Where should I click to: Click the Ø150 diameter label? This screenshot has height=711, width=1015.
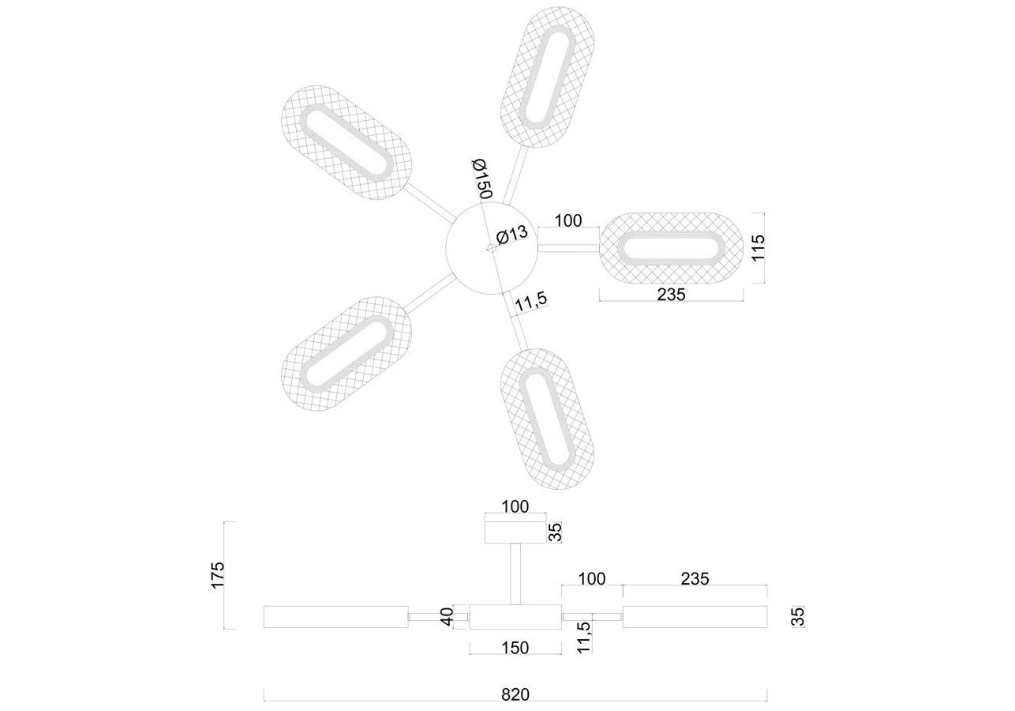pyautogui.click(x=481, y=179)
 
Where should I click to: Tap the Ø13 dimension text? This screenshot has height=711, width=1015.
pyautogui.click(x=512, y=235)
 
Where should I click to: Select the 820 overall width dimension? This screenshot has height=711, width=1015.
pyautogui.click(x=515, y=694)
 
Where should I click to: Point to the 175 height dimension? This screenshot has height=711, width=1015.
pyautogui.click(x=218, y=574)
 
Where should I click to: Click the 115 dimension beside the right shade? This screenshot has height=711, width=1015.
pyautogui.click(x=758, y=247)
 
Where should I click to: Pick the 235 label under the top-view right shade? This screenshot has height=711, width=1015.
pyautogui.click(x=671, y=295)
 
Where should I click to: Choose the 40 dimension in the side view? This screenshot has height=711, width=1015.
pyautogui.click(x=448, y=617)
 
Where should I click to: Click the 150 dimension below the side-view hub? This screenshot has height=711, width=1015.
pyautogui.click(x=515, y=648)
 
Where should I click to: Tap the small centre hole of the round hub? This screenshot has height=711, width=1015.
pyautogui.click(x=491, y=247)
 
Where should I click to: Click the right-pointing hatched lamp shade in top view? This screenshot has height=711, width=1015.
pyautogui.click(x=671, y=248)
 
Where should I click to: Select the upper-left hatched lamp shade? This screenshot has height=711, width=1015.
pyautogui.click(x=346, y=142)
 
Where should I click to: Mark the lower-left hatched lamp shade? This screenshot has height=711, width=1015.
pyautogui.click(x=346, y=354)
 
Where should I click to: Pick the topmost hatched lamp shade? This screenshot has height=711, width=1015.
pyautogui.click(x=548, y=77)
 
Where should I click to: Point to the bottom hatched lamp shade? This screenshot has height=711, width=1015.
pyautogui.click(x=548, y=419)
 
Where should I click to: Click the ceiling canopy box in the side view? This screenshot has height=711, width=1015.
pyautogui.click(x=515, y=532)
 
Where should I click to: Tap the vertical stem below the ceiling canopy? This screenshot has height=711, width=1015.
pyautogui.click(x=515, y=574)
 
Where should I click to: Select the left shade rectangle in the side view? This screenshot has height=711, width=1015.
pyautogui.click(x=335, y=617)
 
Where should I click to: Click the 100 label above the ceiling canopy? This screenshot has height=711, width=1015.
pyautogui.click(x=515, y=506)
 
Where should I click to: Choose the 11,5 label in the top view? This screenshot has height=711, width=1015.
pyautogui.click(x=530, y=301)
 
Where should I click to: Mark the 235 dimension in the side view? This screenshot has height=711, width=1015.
pyautogui.click(x=695, y=578)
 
